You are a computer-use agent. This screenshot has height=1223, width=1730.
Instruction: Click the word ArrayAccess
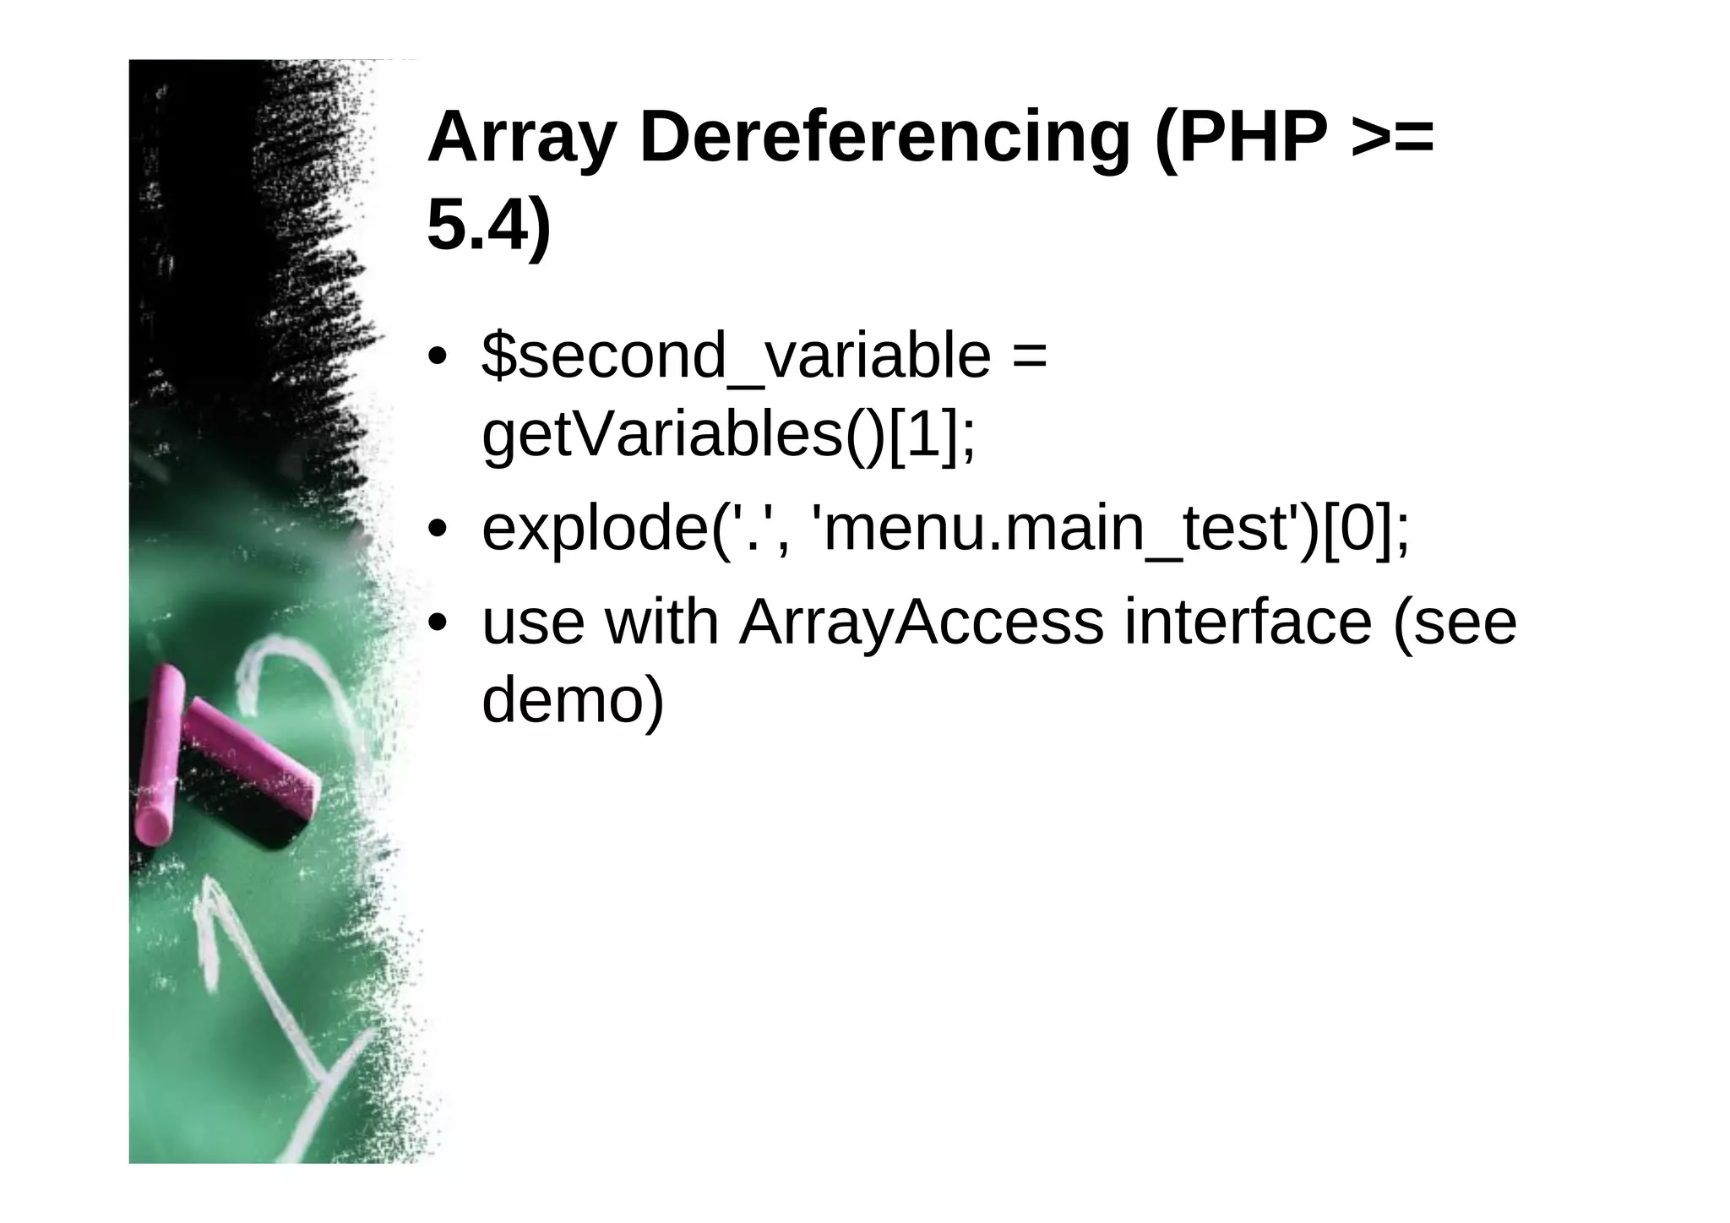click(922, 622)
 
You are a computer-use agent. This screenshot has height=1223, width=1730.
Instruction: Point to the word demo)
click(573, 700)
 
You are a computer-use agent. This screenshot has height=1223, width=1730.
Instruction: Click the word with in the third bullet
click(662, 622)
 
